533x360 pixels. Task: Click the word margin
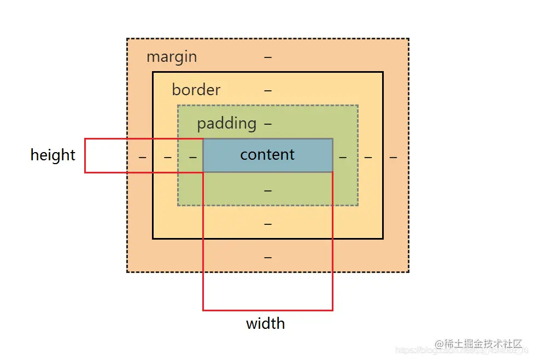[x=172, y=57]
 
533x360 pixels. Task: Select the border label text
[x=196, y=90]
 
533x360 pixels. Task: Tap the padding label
[x=226, y=123]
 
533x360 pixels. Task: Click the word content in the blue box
[x=267, y=155]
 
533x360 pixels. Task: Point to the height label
[x=52, y=155]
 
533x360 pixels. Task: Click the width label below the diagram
[x=265, y=323]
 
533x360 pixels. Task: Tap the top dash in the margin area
[x=268, y=57]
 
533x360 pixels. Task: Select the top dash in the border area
[x=268, y=90]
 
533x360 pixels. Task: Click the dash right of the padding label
[x=268, y=124]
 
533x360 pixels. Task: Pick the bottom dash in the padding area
[x=268, y=190]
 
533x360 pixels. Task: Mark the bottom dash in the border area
[x=268, y=224]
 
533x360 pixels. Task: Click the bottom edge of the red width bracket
[x=268, y=310]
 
